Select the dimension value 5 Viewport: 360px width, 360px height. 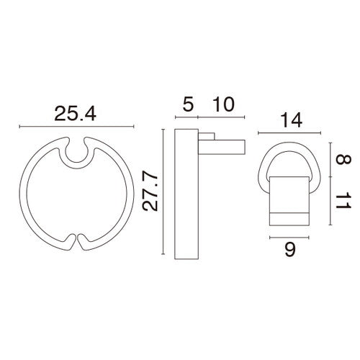(x=188, y=104)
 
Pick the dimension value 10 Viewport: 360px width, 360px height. (x=223, y=104)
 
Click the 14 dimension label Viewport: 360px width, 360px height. (x=291, y=120)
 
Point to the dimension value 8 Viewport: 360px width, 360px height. (x=343, y=160)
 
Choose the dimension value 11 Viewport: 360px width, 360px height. (x=343, y=200)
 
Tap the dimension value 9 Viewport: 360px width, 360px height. (x=289, y=250)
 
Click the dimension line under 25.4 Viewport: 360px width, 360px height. (x=76, y=126)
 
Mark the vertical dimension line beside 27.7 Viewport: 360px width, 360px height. (x=163, y=192)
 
